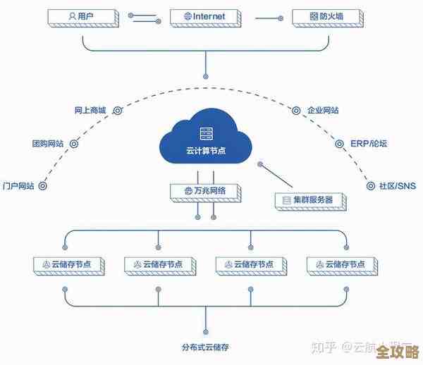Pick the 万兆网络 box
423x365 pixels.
pos(205,190)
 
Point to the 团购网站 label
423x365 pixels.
pos(48,143)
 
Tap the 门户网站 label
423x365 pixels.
pos(19,186)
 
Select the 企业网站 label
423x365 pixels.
pos(323,111)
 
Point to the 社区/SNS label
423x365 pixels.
pos(398,186)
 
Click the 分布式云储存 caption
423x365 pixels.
pos(206,346)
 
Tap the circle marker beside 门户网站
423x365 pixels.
pos(42,186)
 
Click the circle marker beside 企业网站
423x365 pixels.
pos(295,111)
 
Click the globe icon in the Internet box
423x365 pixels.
pos(187,15)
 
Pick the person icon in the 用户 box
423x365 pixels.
pos(71,15)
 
